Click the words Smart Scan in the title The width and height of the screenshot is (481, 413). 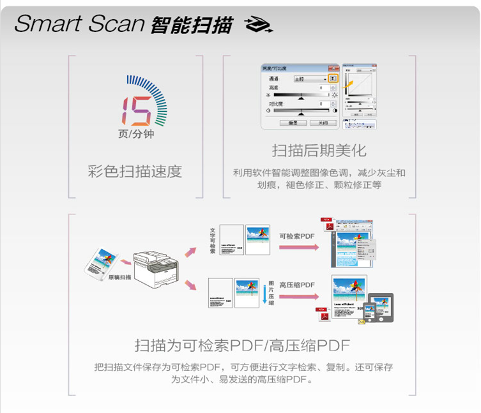coord(80,24)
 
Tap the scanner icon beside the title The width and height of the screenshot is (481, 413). coord(259,25)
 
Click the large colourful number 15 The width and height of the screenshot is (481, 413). coord(137,110)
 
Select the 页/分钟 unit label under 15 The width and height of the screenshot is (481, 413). coord(136,134)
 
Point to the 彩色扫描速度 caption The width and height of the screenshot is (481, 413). coord(135,171)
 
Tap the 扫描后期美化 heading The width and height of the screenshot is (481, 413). coord(319,151)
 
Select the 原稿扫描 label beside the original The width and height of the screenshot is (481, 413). coord(119,277)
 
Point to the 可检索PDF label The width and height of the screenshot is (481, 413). coord(297,236)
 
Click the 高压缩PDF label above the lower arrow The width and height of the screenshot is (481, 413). coord(297,285)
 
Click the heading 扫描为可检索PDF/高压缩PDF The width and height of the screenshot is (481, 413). coord(242,345)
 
